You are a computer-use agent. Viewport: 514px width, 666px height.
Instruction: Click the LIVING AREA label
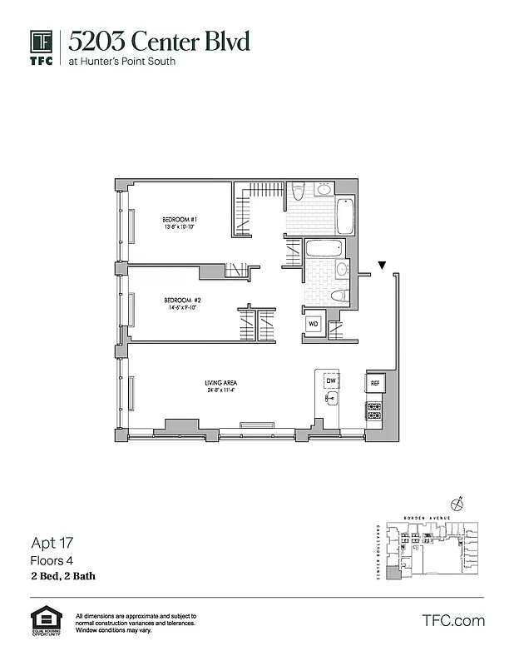[x=220, y=383]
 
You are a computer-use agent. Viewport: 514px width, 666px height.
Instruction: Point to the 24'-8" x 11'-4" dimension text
[x=220, y=390]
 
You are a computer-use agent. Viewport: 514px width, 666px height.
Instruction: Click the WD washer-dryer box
[x=314, y=323]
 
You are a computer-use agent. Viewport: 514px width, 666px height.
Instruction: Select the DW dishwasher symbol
[x=330, y=380]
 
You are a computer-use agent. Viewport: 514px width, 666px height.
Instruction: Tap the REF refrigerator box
[x=374, y=383]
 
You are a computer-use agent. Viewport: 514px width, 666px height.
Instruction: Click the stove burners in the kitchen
[x=374, y=410]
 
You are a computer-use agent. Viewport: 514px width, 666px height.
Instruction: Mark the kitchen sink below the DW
[x=330, y=399]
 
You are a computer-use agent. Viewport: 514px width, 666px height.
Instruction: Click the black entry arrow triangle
[x=382, y=266]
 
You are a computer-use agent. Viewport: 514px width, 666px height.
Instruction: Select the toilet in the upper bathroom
[x=299, y=192]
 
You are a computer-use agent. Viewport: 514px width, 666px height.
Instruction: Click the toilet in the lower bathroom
[x=339, y=295]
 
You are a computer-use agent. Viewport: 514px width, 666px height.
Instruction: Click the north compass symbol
[x=456, y=503]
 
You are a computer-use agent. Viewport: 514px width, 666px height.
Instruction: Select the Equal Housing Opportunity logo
[x=46, y=621]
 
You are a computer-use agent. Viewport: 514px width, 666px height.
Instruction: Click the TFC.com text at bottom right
[x=453, y=620]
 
